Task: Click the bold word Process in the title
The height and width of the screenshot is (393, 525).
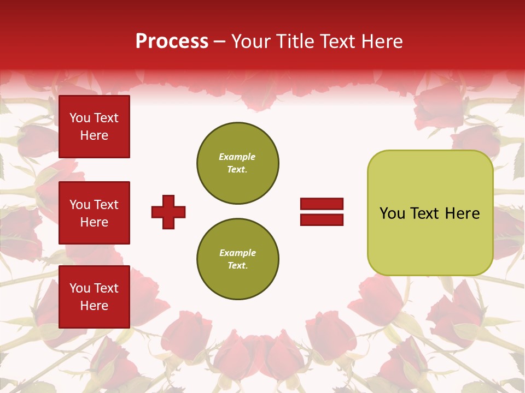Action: pyautogui.click(x=172, y=41)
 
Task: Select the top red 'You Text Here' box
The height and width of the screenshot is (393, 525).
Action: pyautogui.click(x=94, y=127)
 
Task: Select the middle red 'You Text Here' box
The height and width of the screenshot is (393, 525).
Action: pyautogui.click(x=94, y=213)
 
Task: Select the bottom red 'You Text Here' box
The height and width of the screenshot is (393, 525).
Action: pyautogui.click(x=94, y=297)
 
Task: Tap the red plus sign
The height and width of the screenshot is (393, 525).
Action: pyautogui.click(x=168, y=212)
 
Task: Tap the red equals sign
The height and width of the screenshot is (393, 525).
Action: pyautogui.click(x=322, y=212)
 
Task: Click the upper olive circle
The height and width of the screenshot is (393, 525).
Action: pyautogui.click(x=238, y=163)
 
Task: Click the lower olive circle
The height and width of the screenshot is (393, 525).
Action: pyautogui.click(x=238, y=259)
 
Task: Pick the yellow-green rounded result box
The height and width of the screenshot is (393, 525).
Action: pyautogui.click(x=430, y=213)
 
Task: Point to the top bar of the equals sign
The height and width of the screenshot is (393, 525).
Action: pyautogui.click(x=322, y=204)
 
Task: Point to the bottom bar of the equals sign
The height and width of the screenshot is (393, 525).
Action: pyautogui.click(x=322, y=219)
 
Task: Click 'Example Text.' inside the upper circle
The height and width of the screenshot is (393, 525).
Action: pyautogui.click(x=237, y=163)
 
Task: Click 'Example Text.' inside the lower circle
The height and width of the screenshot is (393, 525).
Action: pyautogui.click(x=237, y=259)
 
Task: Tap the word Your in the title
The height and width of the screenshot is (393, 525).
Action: pyautogui.click(x=252, y=41)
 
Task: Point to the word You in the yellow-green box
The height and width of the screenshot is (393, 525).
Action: pyautogui.click(x=393, y=213)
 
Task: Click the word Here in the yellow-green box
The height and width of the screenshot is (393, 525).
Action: pyautogui.click(x=462, y=213)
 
